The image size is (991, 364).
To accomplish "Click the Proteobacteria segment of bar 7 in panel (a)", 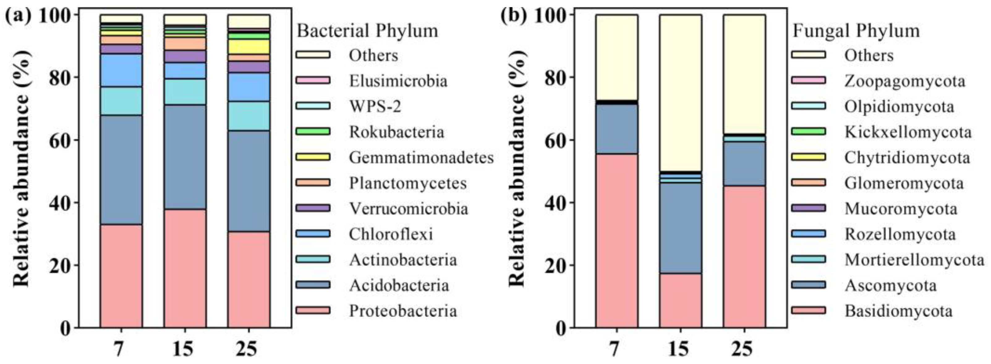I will [121, 276].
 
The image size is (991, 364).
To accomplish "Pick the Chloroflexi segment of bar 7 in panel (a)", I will [121, 70].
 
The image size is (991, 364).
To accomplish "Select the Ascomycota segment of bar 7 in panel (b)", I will [617, 129].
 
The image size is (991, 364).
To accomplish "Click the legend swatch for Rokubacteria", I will [313, 132].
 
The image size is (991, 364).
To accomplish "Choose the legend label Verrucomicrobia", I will [409, 208].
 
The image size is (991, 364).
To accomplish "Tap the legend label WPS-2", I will [375, 106].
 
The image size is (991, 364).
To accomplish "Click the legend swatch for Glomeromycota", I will [808, 182].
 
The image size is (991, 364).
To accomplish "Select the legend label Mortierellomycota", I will [914, 260].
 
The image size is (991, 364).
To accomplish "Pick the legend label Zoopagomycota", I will [905, 81].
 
